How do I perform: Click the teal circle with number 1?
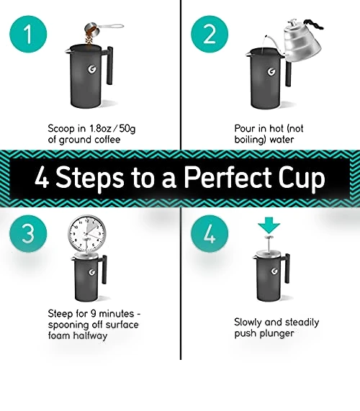point(28,34)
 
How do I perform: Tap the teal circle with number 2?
point(210,34)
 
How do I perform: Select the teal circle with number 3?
point(28,233)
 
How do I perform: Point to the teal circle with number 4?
point(210,233)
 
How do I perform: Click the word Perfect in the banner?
point(228,178)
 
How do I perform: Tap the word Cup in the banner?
point(302,179)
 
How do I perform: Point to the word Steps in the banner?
point(89,179)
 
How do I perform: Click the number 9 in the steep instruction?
point(94,314)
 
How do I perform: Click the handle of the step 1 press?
point(109,66)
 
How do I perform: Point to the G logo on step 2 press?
point(271,71)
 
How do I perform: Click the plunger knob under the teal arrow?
point(269,238)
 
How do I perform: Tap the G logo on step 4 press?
point(274,271)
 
